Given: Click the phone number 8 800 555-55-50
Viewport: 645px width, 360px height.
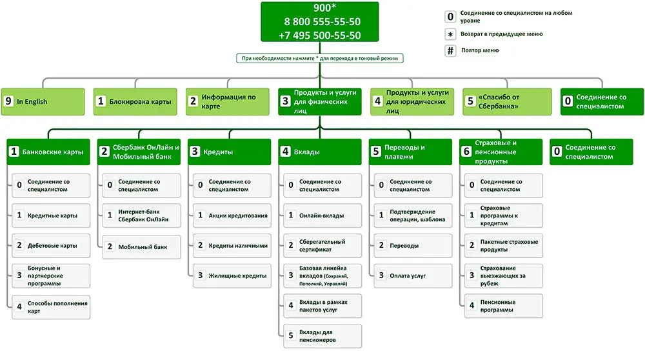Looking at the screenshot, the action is (322, 22).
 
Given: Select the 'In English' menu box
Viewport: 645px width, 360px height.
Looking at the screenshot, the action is (43, 102).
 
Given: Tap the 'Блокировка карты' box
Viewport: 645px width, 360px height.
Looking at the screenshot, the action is (135, 102).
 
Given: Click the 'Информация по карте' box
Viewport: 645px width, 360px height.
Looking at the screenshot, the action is (228, 102).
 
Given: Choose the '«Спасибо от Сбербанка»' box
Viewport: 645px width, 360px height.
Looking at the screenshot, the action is (507, 102).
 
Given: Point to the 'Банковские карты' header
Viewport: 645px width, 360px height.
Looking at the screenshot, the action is (48, 152).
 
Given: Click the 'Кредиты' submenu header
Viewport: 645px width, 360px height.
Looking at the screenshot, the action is (230, 152).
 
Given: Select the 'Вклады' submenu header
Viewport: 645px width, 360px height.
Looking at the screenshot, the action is (320, 152).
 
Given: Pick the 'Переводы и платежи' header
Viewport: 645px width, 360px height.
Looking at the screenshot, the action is (410, 152).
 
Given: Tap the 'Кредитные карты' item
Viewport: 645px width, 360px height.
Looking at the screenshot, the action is (51, 215).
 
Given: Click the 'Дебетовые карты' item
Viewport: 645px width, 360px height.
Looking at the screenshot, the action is (51, 246).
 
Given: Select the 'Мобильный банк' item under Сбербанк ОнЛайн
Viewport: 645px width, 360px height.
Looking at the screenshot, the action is (141, 247).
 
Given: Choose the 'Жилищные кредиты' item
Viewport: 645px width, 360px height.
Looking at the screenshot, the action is (232, 275).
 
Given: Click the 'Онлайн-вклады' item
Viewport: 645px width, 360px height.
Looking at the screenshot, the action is (322, 215).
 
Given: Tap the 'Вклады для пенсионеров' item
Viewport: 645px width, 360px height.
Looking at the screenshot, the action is (322, 336).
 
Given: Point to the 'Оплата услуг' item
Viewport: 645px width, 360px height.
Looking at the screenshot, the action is (413, 275).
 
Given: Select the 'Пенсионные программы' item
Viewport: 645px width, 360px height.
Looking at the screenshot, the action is (504, 306).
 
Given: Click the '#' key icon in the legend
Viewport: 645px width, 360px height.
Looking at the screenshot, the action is (450, 50).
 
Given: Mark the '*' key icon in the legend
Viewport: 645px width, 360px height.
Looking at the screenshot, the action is (450, 34).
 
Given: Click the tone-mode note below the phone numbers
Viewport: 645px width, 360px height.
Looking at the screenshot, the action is (320, 58).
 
